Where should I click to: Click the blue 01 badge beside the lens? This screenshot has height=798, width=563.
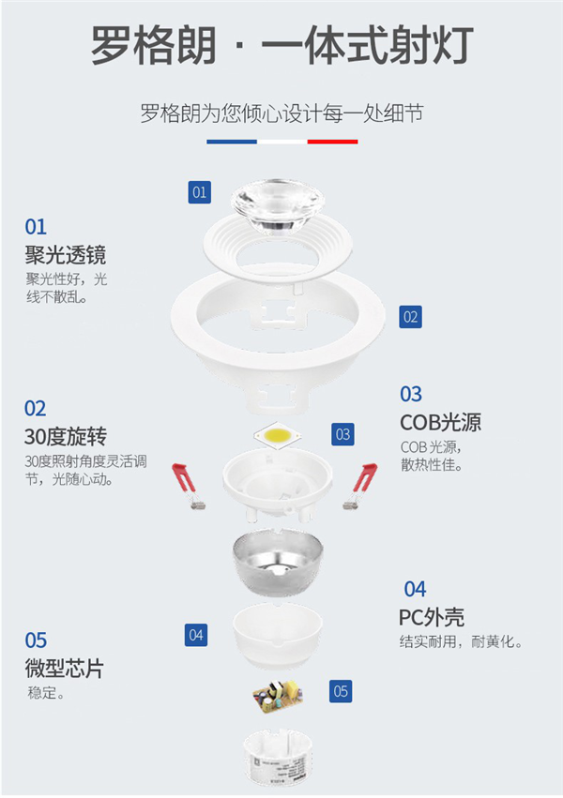pos(199,192)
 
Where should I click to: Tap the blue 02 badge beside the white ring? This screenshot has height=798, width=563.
pos(410,317)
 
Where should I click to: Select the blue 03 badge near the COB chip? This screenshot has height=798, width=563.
pos(342,434)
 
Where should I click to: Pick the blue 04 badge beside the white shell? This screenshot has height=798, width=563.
pos(196,635)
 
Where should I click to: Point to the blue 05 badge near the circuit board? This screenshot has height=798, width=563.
pos(341,692)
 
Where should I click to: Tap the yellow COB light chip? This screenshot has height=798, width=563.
pos(278,435)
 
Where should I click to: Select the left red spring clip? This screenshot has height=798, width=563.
pos(188,485)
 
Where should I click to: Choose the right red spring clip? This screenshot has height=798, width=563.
pos(360,486)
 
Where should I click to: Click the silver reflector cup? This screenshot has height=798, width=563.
pos(278,562)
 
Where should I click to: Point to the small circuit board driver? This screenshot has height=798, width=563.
pos(278,696)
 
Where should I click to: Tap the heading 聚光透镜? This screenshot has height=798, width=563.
pos(66,255)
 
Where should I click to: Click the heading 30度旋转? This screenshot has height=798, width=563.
pos(66,437)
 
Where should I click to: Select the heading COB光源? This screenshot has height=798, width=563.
pos(441,422)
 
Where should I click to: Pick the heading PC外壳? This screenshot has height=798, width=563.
pos(432,617)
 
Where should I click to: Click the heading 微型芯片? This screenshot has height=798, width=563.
pos(65,669)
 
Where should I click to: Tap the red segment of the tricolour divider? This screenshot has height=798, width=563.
pos(332,142)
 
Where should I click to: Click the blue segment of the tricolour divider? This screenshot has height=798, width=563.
pos(232,142)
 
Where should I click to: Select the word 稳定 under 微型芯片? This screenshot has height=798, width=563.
pos(42,693)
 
